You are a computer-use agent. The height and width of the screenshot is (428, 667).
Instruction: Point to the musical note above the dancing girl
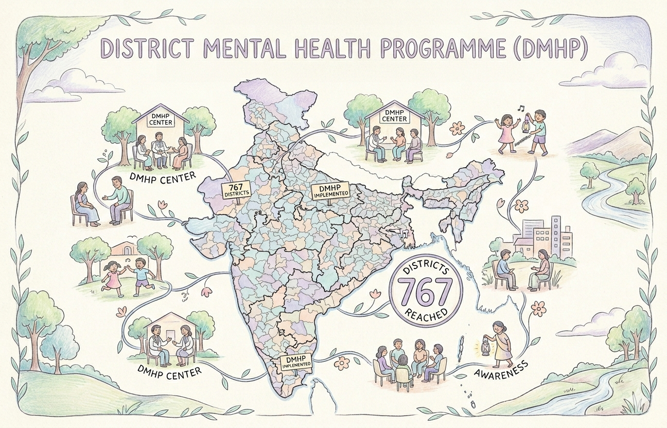click(x=521, y=108)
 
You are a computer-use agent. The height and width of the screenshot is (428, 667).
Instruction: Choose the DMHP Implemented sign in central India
click(x=331, y=192)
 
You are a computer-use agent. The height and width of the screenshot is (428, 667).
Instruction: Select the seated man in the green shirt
click(x=120, y=198)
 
